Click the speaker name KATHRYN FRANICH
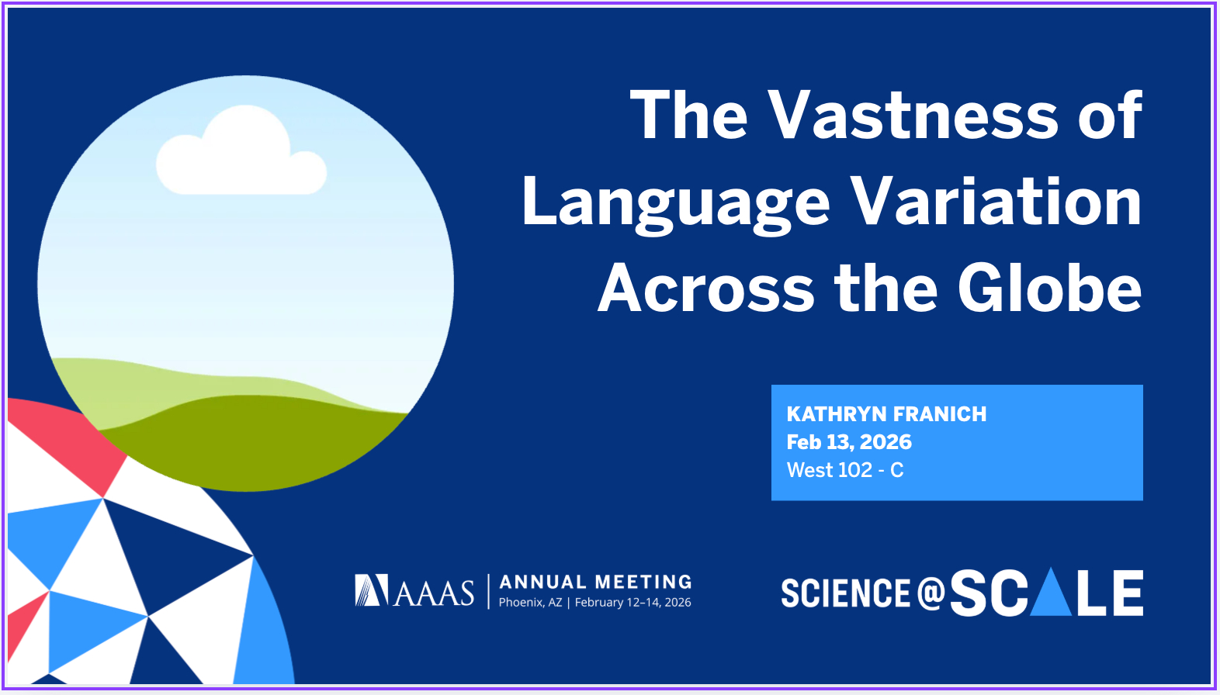click(886, 414)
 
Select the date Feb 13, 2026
click(848, 442)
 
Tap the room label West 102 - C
click(844, 470)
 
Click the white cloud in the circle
click(241, 152)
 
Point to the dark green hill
click(251, 446)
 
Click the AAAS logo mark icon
click(372, 590)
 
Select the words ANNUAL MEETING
click(595, 582)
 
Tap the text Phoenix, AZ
click(530, 603)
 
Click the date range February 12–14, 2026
click(633, 603)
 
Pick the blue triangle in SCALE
click(1051, 593)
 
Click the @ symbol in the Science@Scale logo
click(931, 593)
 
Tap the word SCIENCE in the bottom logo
click(846, 593)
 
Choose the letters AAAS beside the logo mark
click(434, 593)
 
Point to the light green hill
click(136, 389)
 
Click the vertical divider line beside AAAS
click(488, 592)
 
